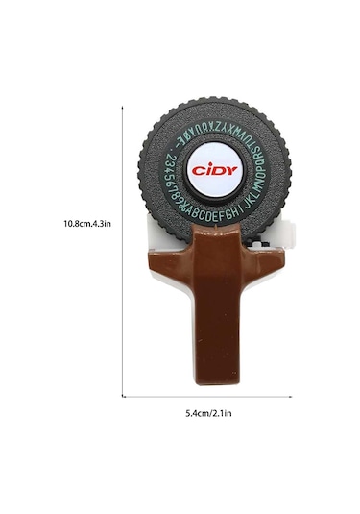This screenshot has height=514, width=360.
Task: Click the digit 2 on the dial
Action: point(169,158)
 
